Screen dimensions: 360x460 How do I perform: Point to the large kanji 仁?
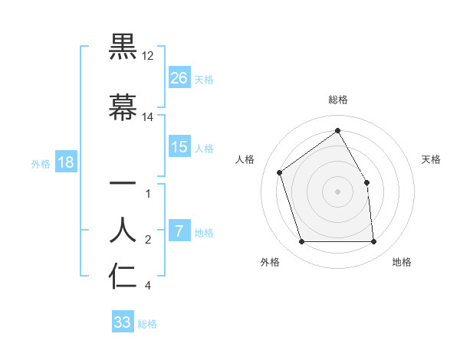123,277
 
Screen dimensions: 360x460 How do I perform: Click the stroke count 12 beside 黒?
148,56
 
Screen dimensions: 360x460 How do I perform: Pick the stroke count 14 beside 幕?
148,117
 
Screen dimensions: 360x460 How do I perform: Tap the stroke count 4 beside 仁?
148,286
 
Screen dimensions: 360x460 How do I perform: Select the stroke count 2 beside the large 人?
148,240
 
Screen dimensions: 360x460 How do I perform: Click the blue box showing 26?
179,77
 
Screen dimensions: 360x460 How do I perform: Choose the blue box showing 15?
179,147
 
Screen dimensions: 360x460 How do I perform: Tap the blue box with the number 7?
179,231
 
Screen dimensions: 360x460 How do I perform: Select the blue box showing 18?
65,162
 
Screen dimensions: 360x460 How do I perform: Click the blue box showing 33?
123,322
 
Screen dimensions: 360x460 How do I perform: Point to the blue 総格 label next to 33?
147,323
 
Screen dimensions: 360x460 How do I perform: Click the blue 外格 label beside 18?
41,163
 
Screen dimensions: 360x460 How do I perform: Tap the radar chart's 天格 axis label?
431,159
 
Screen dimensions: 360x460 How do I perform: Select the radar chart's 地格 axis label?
402,262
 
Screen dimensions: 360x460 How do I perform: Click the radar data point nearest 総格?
337,130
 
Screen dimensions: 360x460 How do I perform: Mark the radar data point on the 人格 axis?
280,172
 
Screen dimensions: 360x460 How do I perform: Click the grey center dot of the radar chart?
337,191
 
